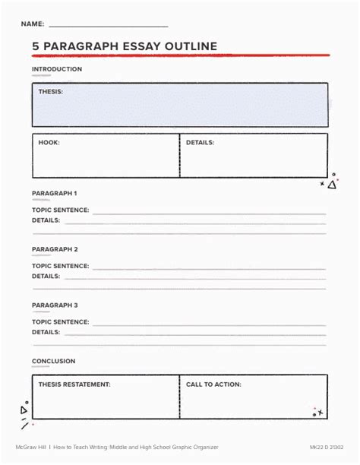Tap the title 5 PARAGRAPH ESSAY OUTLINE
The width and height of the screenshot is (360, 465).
[124, 46]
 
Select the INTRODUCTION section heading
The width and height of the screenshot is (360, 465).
[56, 69]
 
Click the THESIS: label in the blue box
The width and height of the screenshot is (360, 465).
[51, 91]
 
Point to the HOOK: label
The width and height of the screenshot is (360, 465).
[49, 142]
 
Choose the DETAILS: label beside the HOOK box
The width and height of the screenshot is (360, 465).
[200, 142]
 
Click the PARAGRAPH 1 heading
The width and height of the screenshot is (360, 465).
[55, 193]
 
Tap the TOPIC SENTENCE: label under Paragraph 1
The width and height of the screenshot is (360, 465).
[60, 210]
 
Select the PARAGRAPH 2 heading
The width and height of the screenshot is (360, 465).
[55, 249]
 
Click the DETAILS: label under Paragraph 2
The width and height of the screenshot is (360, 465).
[46, 277]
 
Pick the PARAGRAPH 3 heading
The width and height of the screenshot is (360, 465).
[55, 305]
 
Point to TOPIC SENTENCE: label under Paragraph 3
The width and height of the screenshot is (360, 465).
[60, 322]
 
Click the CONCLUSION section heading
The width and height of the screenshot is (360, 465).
[53, 361]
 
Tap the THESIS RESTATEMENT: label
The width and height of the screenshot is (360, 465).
[74, 384]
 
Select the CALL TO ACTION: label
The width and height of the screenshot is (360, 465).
[213, 384]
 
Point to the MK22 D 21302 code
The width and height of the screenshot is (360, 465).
[327, 446]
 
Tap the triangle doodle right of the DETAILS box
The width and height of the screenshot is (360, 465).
[332, 185]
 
